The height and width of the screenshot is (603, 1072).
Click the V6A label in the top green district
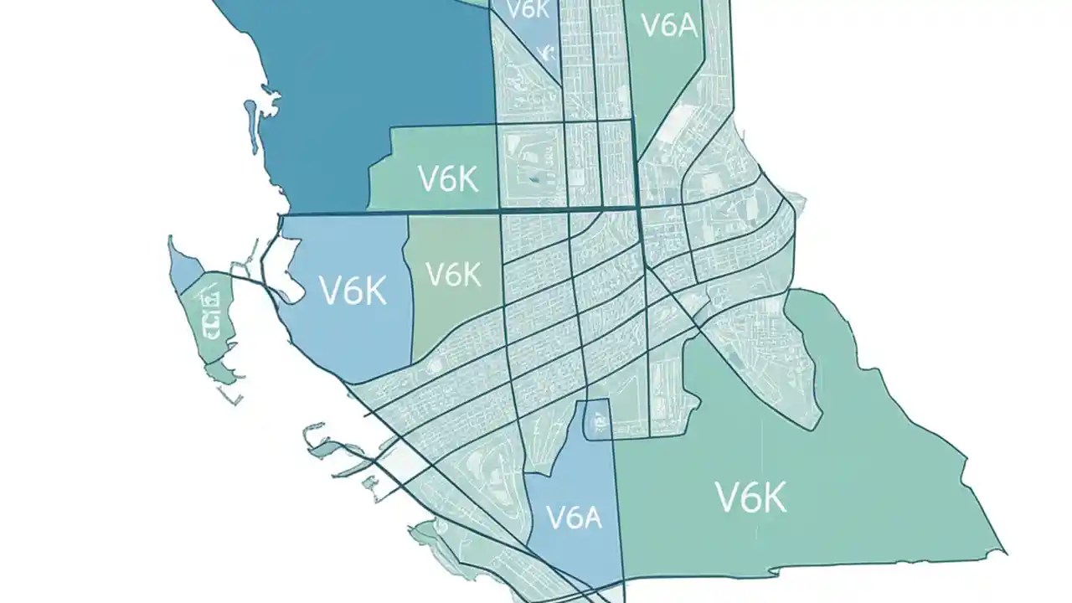tap(668, 25)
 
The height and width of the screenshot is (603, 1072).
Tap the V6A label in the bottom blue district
tap(574, 517)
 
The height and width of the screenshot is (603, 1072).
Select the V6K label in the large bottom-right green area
tap(751, 497)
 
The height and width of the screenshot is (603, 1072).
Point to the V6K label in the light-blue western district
tap(353, 291)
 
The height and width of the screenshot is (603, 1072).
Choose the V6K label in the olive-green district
tap(453, 274)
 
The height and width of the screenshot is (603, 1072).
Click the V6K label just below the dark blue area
tap(447, 178)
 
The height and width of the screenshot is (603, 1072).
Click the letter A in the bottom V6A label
tap(591, 518)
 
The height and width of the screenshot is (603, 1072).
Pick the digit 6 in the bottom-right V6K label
tap(750, 497)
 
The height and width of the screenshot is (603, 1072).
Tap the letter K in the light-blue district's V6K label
tap(373, 291)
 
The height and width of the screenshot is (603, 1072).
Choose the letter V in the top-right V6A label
tap(649, 25)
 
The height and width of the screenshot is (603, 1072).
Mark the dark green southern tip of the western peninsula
tap(221, 370)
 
